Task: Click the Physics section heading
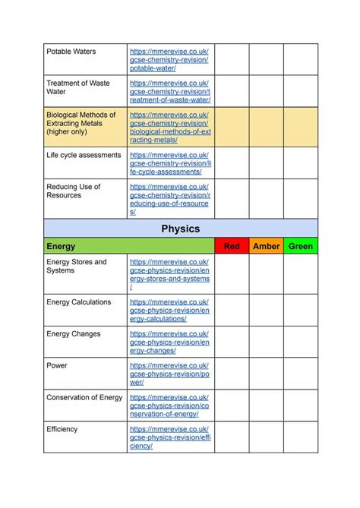tap(180, 228)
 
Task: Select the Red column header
tap(232, 246)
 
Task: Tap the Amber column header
tap(266, 246)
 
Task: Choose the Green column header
tap(301, 246)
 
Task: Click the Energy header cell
tap(61, 246)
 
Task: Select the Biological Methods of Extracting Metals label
tap(81, 123)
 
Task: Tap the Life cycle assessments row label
tap(84, 155)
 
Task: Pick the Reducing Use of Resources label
tap(74, 191)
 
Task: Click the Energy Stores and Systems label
tap(77, 266)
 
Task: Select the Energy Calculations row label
tap(78, 302)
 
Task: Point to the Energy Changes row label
tap(73, 334)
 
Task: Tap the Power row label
tap(57, 366)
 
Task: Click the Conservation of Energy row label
tap(84, 398)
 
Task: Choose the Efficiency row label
tap(62, 430)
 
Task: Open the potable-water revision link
tap(169, 59)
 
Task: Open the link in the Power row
tap(169, 374)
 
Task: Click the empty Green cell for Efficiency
tap(301, 437)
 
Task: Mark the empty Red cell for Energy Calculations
tap(232, 310)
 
